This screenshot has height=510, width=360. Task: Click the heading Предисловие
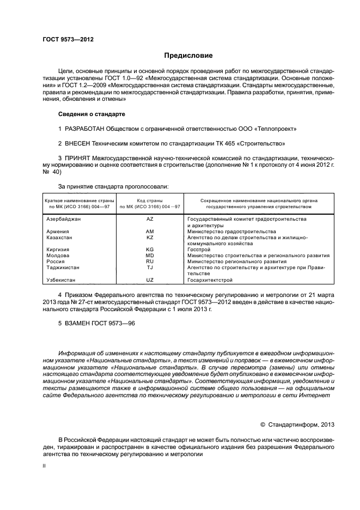pos(189,56)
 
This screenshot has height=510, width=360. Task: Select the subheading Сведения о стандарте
pos(91,114)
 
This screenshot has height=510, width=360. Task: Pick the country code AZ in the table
pos(150,218)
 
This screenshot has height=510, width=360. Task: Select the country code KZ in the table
pos(150,238)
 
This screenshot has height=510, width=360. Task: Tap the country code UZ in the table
pos(150,280)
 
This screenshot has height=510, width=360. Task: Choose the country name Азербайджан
pos(64,218)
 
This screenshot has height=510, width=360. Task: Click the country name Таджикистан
pos(63,268)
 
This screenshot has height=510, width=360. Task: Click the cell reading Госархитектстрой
pos(210,280)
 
